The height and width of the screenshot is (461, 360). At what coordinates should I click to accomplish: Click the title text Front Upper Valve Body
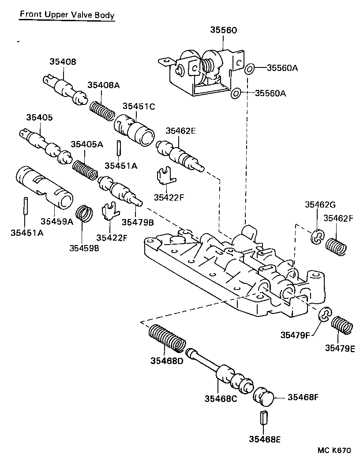(x=67, y=15)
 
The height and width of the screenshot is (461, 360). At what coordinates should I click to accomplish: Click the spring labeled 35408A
(x=101, y=110)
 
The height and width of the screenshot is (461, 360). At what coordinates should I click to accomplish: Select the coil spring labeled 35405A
(x=85, y=169)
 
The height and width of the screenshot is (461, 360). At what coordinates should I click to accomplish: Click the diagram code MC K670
(x=334, y=450)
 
